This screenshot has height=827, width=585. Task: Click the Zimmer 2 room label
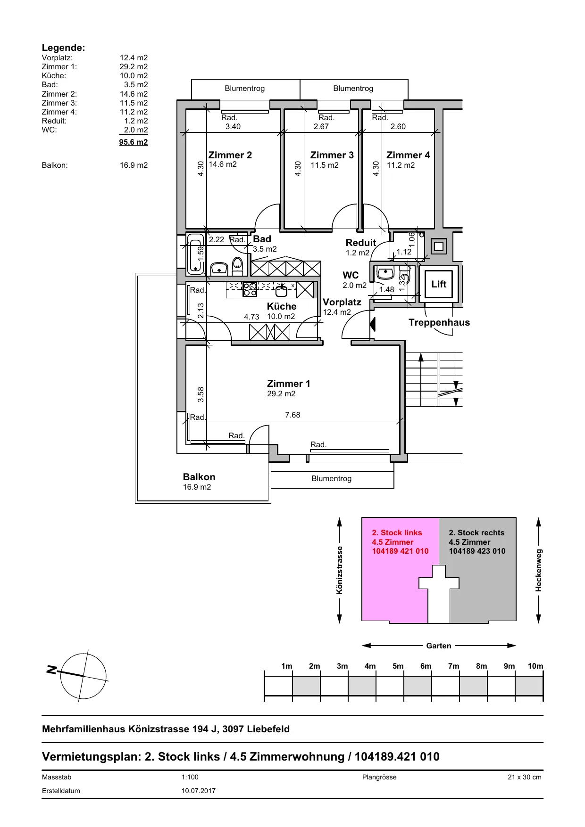[230, 155]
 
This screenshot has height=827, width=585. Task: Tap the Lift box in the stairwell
[439, 284]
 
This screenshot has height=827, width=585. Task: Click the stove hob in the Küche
[250, 289]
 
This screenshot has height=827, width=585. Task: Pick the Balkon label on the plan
[199, 477]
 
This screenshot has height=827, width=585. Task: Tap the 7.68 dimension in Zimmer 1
[292, 415]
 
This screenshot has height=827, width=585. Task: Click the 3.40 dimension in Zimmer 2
[233, 126]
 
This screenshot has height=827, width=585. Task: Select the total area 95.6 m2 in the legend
[134, 142]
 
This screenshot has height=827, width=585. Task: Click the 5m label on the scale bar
[398, 666]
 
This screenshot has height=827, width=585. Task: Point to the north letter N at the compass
[51, 669]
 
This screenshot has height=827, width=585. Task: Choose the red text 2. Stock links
[397, 532]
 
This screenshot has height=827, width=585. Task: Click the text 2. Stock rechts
[476, 532]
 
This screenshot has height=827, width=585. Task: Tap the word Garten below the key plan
[439, 646]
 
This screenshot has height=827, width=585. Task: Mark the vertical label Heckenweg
[539, 570]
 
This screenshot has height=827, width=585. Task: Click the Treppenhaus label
[439, 322]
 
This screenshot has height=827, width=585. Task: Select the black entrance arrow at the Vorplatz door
[373, 324]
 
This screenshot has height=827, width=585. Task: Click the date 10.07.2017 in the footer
[199, 791]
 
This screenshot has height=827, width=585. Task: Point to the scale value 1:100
[190, 777]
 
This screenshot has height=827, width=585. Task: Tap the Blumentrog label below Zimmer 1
[332, 478]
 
